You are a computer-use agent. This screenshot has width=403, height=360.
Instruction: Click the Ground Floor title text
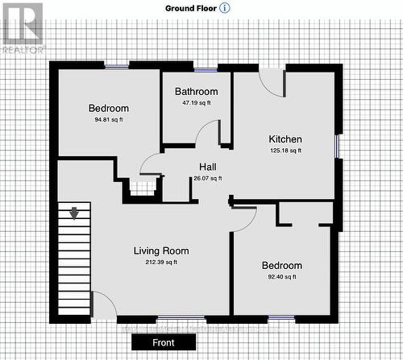click(191, 7)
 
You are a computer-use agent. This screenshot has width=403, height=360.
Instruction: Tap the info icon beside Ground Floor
click(225, 7)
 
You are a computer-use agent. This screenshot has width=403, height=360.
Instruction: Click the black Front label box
click(164, 342)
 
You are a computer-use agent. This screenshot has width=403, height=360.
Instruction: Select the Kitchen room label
click(285, 139)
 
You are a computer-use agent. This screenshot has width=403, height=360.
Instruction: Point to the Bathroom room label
click(196, 92)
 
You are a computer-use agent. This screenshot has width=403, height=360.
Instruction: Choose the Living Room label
click(161, 250)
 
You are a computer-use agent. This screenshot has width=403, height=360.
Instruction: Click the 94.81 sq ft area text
click(109, 120)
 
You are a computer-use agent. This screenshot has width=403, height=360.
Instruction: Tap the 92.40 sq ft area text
click(281, 277)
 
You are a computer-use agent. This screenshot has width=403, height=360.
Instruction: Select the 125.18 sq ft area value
click(285, 150)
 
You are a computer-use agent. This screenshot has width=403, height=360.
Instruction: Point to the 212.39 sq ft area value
click(161, 262)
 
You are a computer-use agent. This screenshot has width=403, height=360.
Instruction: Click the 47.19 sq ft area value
click(196, 103)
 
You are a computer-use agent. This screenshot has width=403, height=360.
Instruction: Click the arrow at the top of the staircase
click(74, 213)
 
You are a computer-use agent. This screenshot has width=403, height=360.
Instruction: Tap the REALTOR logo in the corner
click(22, 27)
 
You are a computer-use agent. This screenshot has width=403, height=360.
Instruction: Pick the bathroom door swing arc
click(208, 133)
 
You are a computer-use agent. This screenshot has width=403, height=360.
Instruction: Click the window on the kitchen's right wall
click(337, 145)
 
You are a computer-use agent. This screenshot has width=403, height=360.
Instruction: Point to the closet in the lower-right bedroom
click(305, 213)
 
